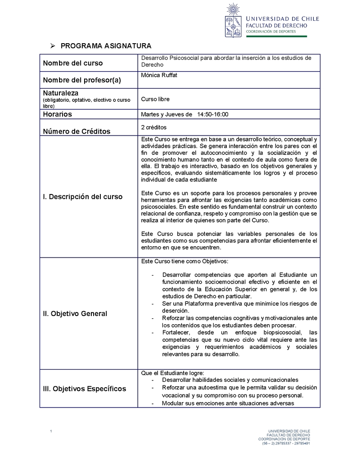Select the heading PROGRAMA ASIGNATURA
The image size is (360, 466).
point(106,46)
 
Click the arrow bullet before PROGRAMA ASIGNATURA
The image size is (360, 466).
point(52,46)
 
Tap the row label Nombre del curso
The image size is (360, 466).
point(72,63)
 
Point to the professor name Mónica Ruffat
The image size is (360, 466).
point(159,75)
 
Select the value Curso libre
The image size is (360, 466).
point(155,99)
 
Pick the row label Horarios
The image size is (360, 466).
point(57,114)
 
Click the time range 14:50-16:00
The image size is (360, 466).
point(212,114)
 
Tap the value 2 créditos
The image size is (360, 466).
point(153,127)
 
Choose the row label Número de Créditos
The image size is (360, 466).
point(76,131)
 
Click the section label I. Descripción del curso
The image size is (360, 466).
point(82,197)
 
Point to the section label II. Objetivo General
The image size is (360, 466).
point(75,313)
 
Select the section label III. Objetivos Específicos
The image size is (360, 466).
point(84,389)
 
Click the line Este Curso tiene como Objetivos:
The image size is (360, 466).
point(184,261)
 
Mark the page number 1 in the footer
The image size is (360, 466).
point(51,432)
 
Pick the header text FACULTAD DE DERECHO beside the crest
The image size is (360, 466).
point(275,26)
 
